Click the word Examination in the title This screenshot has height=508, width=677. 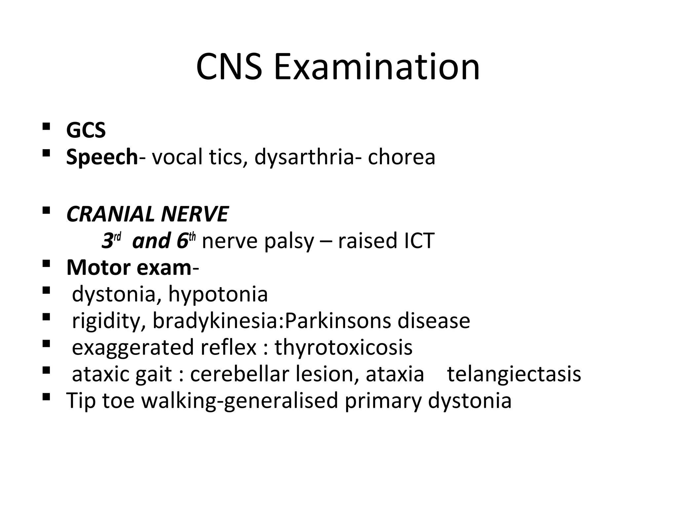click(377, 68)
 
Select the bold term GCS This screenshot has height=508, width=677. click(86, 130)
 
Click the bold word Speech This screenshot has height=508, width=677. click(102, 157)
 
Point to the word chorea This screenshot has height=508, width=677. click(401, 157)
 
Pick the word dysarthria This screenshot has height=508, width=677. click(304, 157)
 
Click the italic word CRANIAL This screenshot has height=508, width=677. click(110, 214)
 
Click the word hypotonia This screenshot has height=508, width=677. click(218, 294)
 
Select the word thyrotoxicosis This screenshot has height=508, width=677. click(344, 348)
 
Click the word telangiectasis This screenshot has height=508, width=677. click(514, 374)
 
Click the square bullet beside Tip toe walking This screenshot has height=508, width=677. click(46, 396)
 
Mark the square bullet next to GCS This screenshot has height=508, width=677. click(46, 126)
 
